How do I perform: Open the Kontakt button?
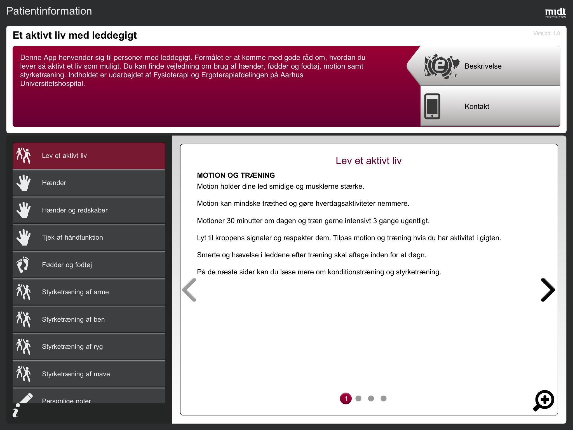490,106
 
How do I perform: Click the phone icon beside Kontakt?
432,106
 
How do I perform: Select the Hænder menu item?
89,183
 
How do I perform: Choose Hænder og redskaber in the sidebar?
89,210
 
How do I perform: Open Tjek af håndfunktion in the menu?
89,237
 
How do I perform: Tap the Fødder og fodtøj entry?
89,265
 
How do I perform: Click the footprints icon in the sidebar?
23,265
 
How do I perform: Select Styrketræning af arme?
89,292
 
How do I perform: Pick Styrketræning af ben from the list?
89,319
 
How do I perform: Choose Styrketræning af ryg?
89,347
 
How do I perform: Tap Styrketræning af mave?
89,374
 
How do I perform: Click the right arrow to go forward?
548,290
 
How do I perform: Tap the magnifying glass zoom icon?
544,401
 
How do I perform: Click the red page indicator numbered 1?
346,398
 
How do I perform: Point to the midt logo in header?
555,13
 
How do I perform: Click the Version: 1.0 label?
546,33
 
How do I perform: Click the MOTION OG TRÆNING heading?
236,175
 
